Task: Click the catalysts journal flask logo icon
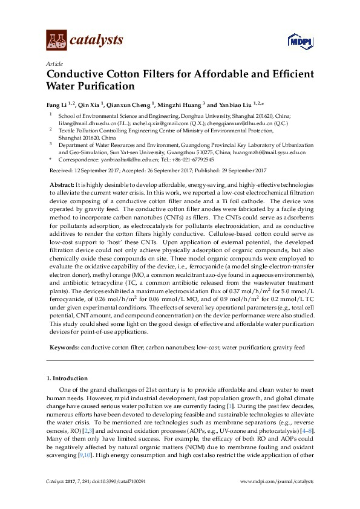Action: [x=56, y=41]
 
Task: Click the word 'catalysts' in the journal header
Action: [x=96, y=41]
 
